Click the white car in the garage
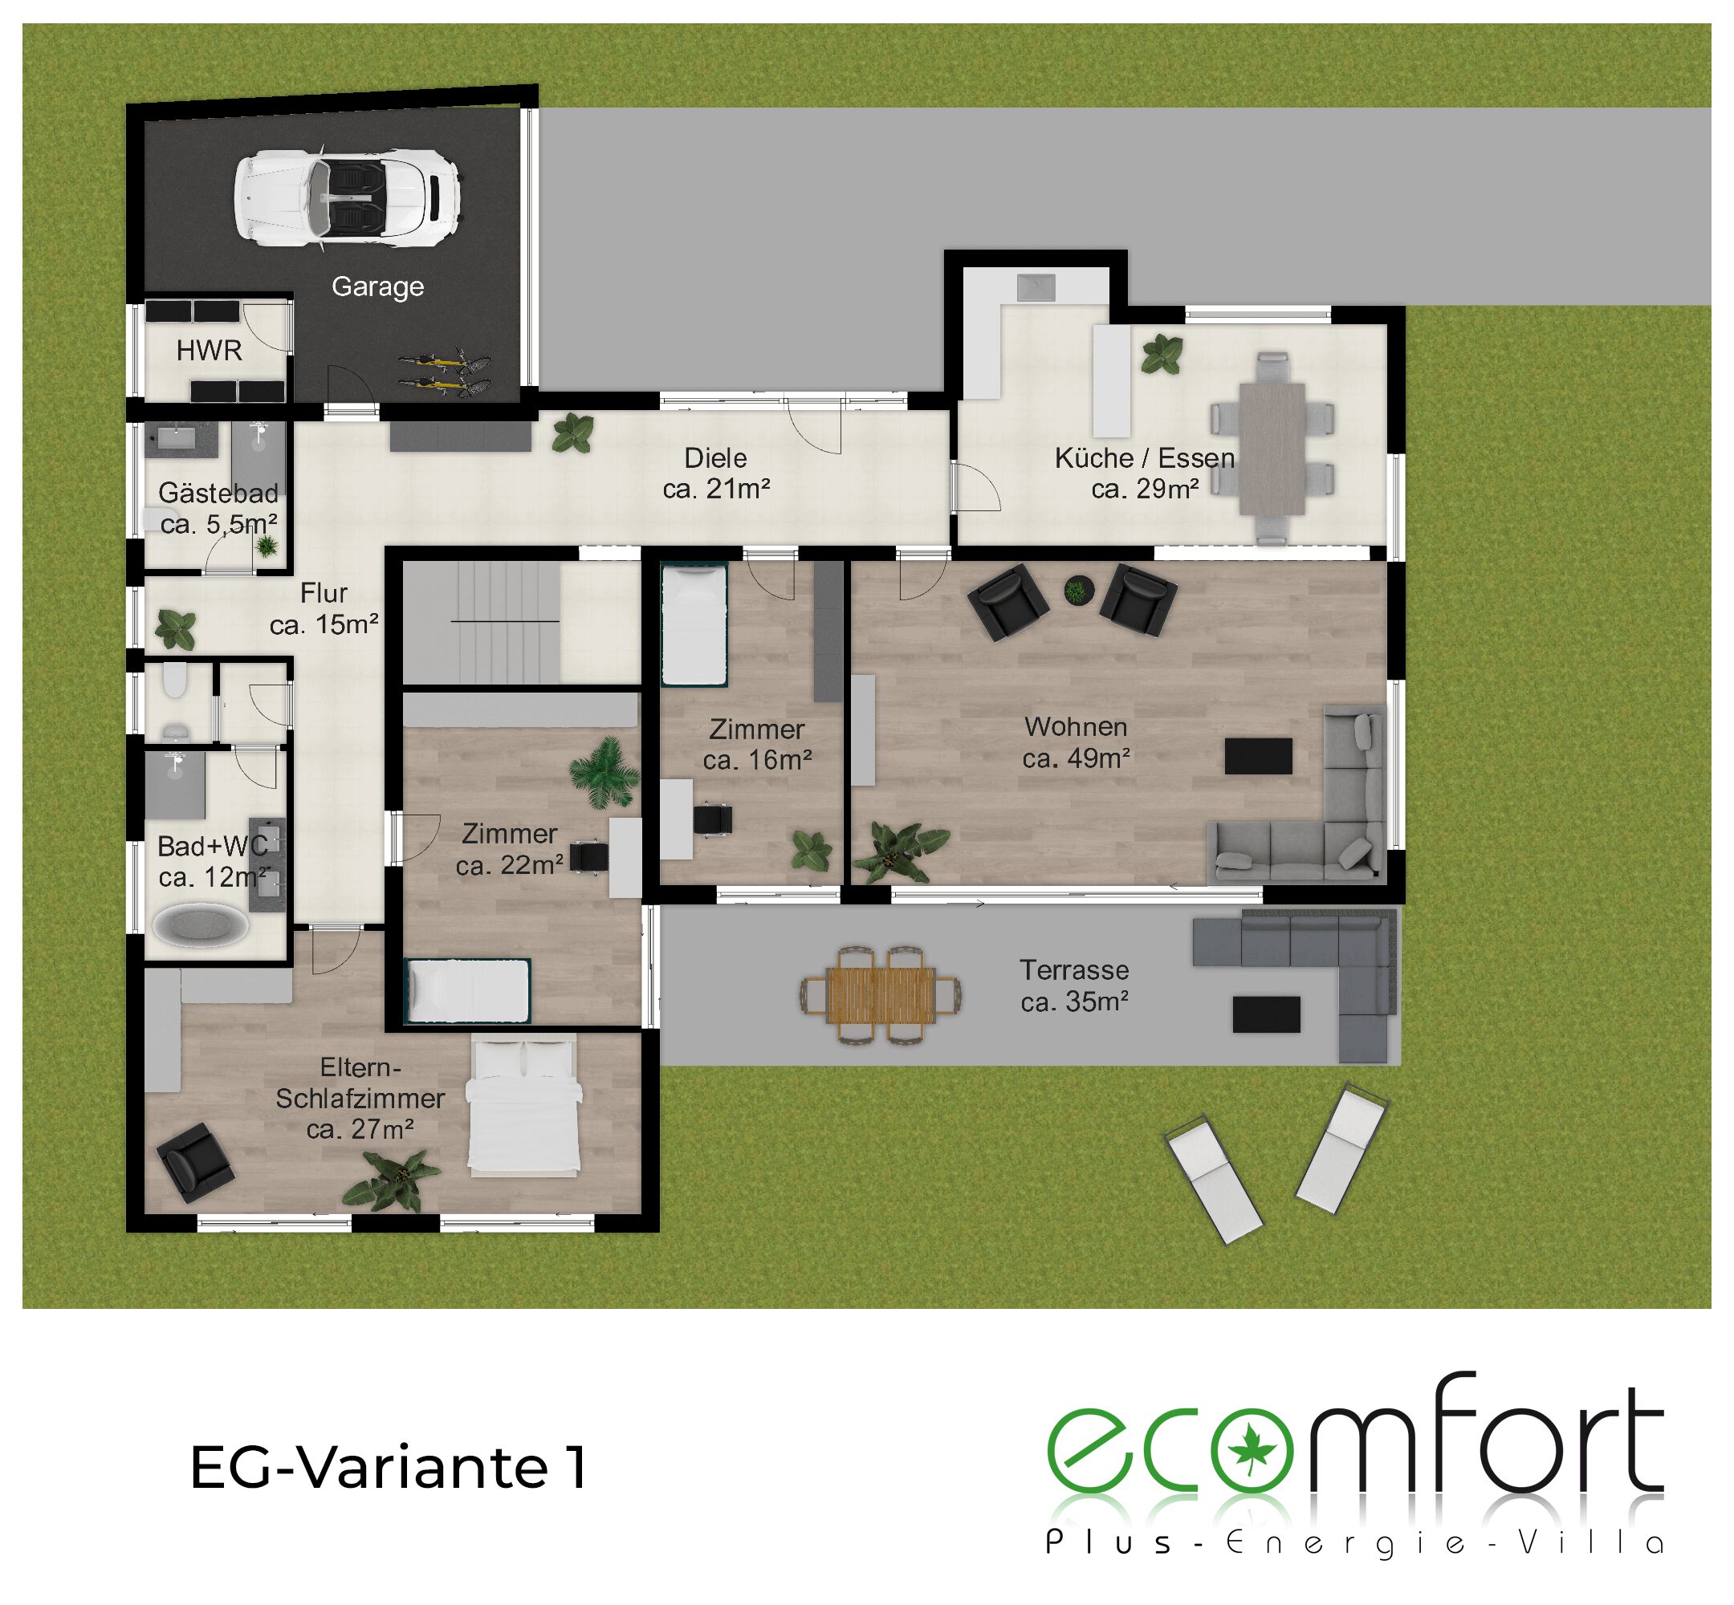347,198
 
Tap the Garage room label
378,286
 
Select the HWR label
209,350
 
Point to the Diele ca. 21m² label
716,473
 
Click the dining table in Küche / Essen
1272,448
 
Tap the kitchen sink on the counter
1036,286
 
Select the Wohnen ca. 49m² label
1076,742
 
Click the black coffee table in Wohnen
1258,756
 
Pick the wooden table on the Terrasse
881,994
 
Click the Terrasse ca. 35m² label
1075,985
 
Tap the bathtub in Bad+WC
200,924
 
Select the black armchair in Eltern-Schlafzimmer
194,1163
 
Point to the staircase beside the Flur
482,622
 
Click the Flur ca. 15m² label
324,609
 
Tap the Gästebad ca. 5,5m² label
219,508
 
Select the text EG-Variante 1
389,1468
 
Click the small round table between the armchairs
1077,591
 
